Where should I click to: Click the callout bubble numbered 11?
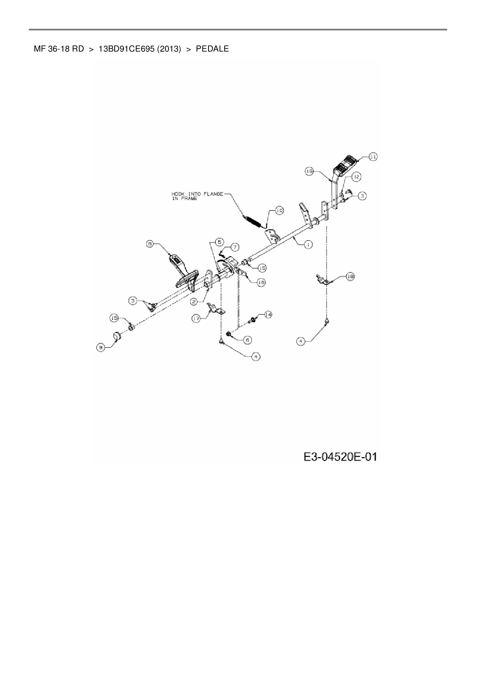[x=373, y=157]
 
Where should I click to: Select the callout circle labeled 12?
[x=356, y=177]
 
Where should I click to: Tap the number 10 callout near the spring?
[x=279, y=211]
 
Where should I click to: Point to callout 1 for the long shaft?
[x=308, y=244]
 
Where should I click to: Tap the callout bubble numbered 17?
[x=197, y=318]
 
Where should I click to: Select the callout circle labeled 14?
[x=268, y=314]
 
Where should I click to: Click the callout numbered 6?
[x=247, y=340]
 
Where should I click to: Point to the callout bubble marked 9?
[x=101, y=348]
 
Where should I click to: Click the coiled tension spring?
[x=254, y=221]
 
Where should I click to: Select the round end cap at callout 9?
[x=117, y=336]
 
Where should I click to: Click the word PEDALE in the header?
[x=212, y=49]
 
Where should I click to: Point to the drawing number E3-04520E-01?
[x=340, y=457]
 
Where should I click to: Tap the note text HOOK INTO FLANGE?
[x=197, y=194]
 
